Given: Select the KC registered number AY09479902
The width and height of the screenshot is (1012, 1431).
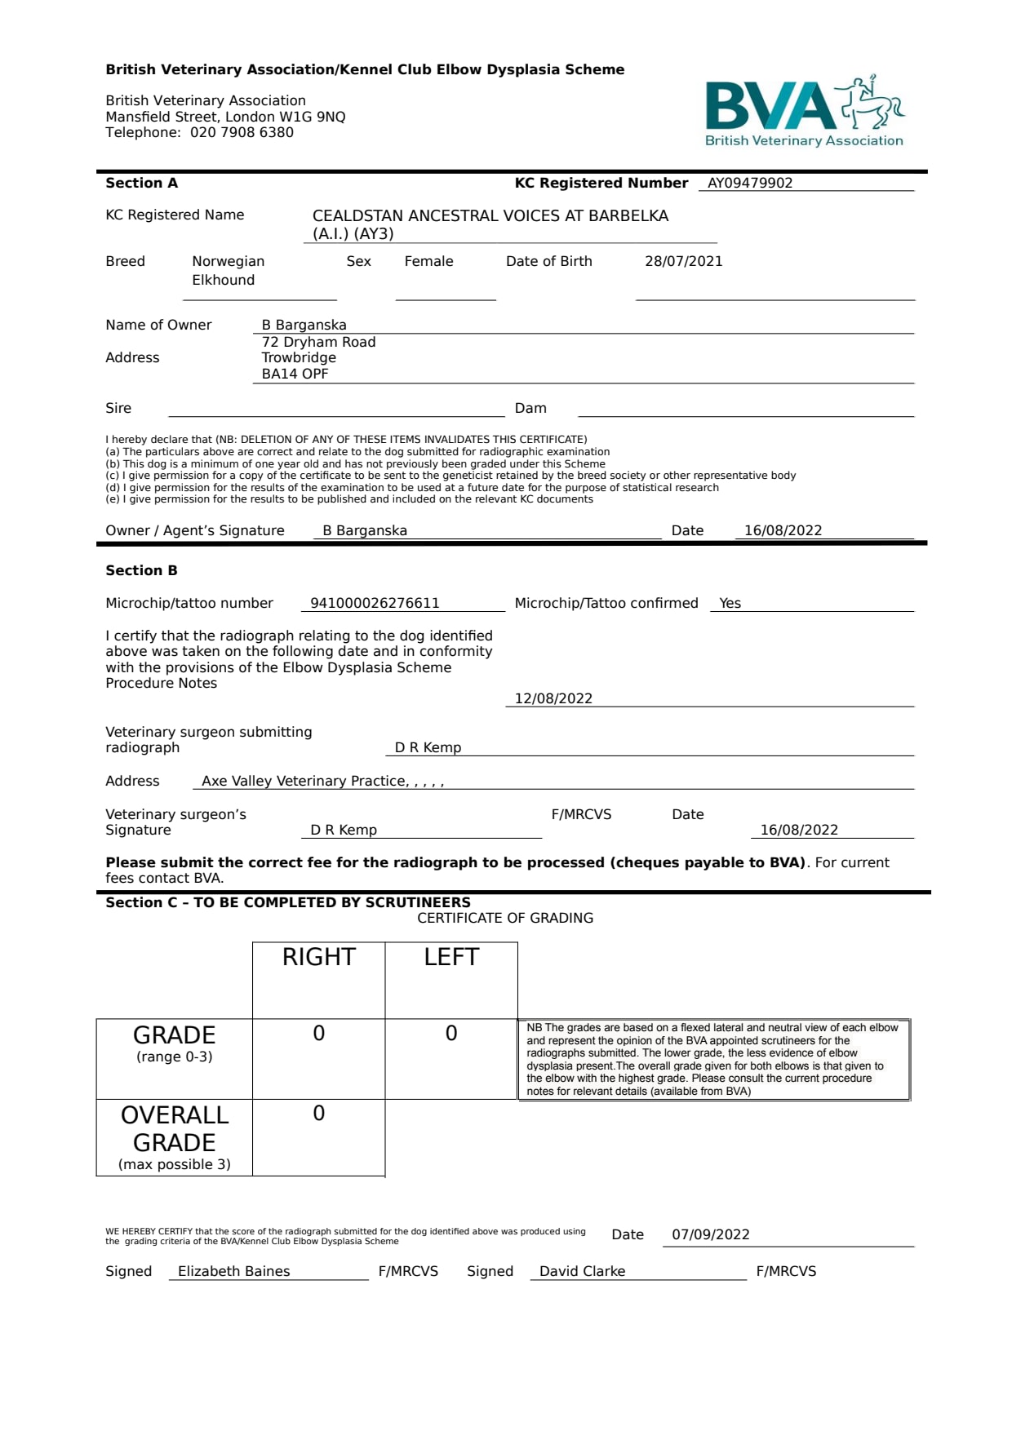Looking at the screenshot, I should point(749,183).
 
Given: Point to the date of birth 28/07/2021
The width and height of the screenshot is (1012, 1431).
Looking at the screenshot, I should point(683,261).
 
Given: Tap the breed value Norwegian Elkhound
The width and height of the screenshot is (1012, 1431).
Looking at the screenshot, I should point(228,270).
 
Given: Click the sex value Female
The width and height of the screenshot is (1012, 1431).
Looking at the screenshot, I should point(428,261).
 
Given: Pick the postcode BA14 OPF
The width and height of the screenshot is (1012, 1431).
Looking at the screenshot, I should point(295,374).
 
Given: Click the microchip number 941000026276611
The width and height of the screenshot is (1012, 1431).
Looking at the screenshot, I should point(375,603).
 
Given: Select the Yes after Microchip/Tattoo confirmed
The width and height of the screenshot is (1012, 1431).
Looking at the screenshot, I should point(730,603).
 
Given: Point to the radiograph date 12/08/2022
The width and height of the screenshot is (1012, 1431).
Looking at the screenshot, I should point(553,698).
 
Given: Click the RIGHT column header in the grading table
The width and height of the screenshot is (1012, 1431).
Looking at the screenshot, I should point(318,957).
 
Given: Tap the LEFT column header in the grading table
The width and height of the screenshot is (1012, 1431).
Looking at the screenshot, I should point(451,957).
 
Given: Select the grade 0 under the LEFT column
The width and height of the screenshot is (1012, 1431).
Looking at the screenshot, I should point(451,1034).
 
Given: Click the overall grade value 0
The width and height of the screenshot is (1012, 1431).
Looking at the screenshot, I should point(318,1114).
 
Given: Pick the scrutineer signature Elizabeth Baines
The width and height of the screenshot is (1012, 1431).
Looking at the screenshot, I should point(233,1271).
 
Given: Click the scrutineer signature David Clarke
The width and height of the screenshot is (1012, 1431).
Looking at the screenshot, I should point(582,1271).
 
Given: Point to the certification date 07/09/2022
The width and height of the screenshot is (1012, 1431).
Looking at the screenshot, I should point(710,1234).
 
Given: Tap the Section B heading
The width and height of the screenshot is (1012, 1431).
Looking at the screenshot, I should point(141,570).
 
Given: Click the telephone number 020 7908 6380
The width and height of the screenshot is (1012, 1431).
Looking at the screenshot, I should point(242,132).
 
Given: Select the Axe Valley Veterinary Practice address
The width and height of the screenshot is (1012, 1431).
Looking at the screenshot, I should point(322,781).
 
